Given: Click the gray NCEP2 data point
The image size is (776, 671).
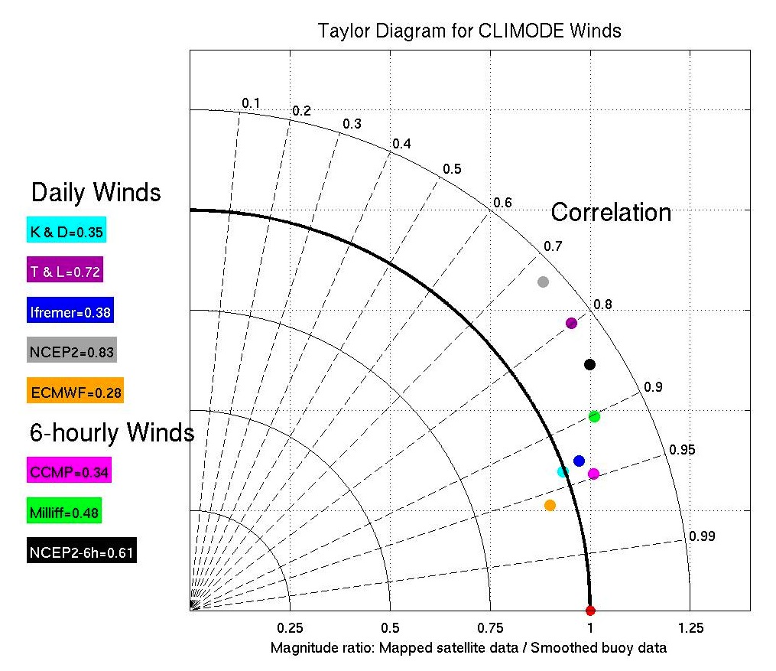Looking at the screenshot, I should (x=543, y=282).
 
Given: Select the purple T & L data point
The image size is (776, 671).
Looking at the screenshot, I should (x=571, y=323).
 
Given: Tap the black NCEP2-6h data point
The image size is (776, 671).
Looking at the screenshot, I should (x=589, y=364).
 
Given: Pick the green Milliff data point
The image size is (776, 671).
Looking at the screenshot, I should (x=594, y=416).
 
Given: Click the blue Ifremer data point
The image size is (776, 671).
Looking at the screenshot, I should (x=579, y=461).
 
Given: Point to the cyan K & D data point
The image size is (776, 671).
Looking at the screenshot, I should (x=563, y=471).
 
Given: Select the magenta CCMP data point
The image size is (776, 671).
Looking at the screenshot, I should (x=593, y=474).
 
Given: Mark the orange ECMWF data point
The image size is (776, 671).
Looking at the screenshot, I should (x=550, y=505).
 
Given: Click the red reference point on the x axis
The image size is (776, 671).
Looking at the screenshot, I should (x=589, y=611).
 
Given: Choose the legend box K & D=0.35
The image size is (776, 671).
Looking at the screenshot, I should (x=66, y=230).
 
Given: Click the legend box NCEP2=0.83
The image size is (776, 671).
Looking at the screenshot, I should (x=71, y=352).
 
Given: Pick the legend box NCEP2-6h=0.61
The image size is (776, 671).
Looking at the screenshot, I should (x=82, y=552).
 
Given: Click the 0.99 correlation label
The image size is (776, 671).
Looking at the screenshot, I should (x=702, y=536).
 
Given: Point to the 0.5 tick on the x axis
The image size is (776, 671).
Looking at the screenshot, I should (x=390, y=627).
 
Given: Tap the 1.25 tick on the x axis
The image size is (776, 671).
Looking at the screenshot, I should (x=690, y=627).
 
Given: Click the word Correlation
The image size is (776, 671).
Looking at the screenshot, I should (x=611, y=212).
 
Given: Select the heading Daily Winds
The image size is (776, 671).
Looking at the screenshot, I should (x=96, y=191).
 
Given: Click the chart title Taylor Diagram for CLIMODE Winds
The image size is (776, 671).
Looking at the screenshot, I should (x=469, y=31).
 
